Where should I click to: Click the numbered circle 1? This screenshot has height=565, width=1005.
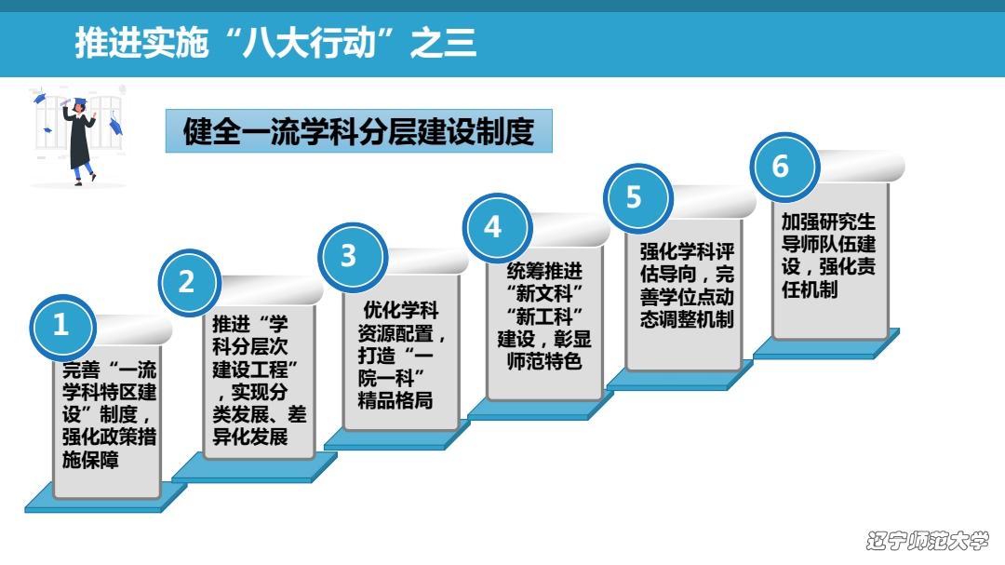[61, 326]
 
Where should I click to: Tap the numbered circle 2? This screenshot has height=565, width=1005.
[187, 282]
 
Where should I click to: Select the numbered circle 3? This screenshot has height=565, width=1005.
[349, 256]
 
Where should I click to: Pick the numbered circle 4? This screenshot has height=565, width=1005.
[493, 226]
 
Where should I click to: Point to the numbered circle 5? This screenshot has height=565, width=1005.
[635, 197]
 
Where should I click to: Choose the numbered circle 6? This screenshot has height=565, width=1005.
[781, 167]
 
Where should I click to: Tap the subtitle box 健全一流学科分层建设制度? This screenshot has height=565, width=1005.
[359, 131]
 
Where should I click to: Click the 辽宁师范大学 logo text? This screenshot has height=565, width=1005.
[927, 540]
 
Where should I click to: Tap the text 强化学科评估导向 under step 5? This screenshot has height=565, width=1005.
[687, 263]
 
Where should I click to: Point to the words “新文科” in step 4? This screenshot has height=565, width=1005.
[544, 293]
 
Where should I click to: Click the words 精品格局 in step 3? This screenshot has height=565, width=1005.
[395, 402]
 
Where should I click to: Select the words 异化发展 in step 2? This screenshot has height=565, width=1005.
[250, 437]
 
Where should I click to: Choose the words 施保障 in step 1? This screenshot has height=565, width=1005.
[91, 459]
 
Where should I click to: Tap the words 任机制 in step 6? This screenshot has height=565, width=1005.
[805, 289]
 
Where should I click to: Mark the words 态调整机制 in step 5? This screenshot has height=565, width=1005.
[687, 319]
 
